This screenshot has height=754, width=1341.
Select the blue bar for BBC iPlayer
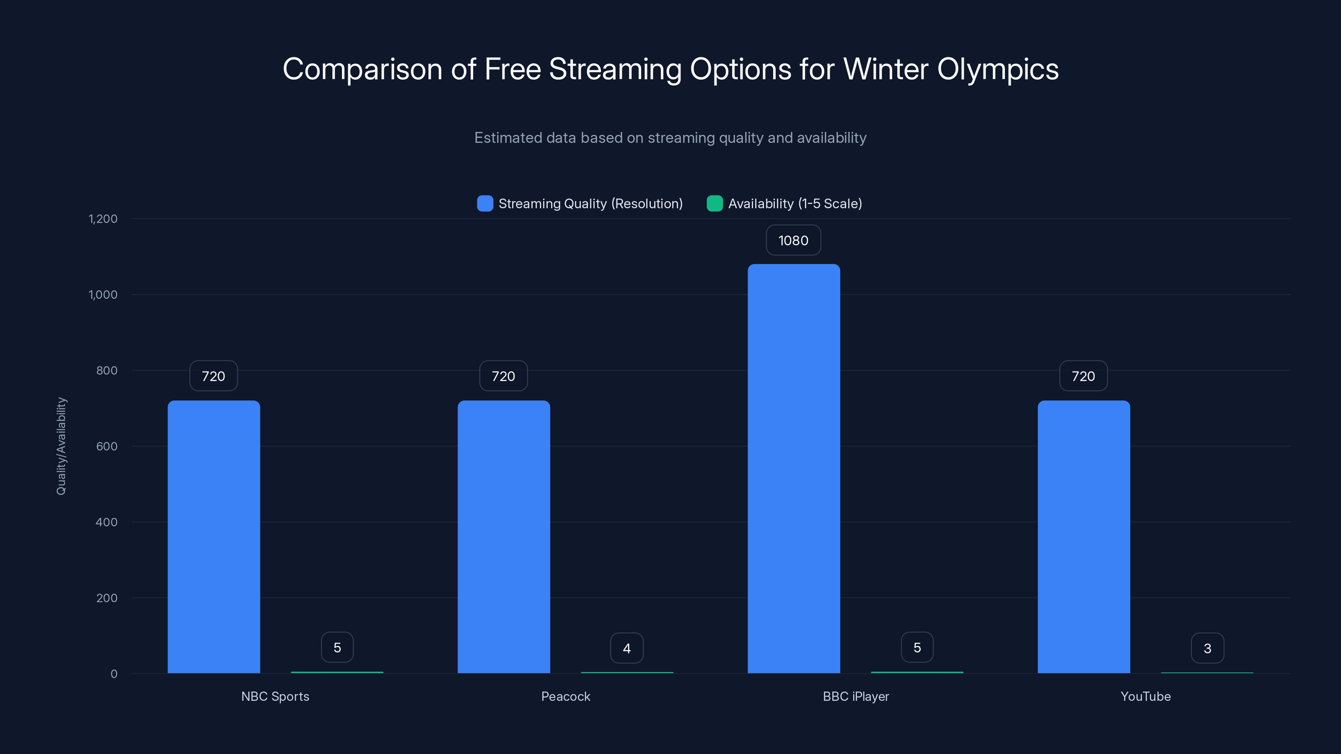[x=793, y=468]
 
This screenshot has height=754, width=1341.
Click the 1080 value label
[x=793, y=240]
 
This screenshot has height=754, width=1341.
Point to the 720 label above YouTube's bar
[x=1083, y=376]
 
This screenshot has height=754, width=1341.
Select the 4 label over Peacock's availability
[x=627, y=648]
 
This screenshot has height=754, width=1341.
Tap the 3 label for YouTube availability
[x=1207, y=648]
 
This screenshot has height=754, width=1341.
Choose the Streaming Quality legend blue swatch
[x=485, y=204]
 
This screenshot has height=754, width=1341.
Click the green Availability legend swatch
[x=714, y=204]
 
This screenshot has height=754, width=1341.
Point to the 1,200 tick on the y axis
[x=103, y=219]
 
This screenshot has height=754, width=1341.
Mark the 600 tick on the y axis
[x=107, y=447]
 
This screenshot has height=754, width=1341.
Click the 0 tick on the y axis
[x=114, y=674]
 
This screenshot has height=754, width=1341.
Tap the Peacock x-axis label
[x=565, y=696]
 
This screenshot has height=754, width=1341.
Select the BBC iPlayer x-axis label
[x=855, y=696]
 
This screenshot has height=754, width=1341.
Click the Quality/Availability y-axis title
[x=62, y=446]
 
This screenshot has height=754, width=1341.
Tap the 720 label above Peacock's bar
[x=503, y=376]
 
